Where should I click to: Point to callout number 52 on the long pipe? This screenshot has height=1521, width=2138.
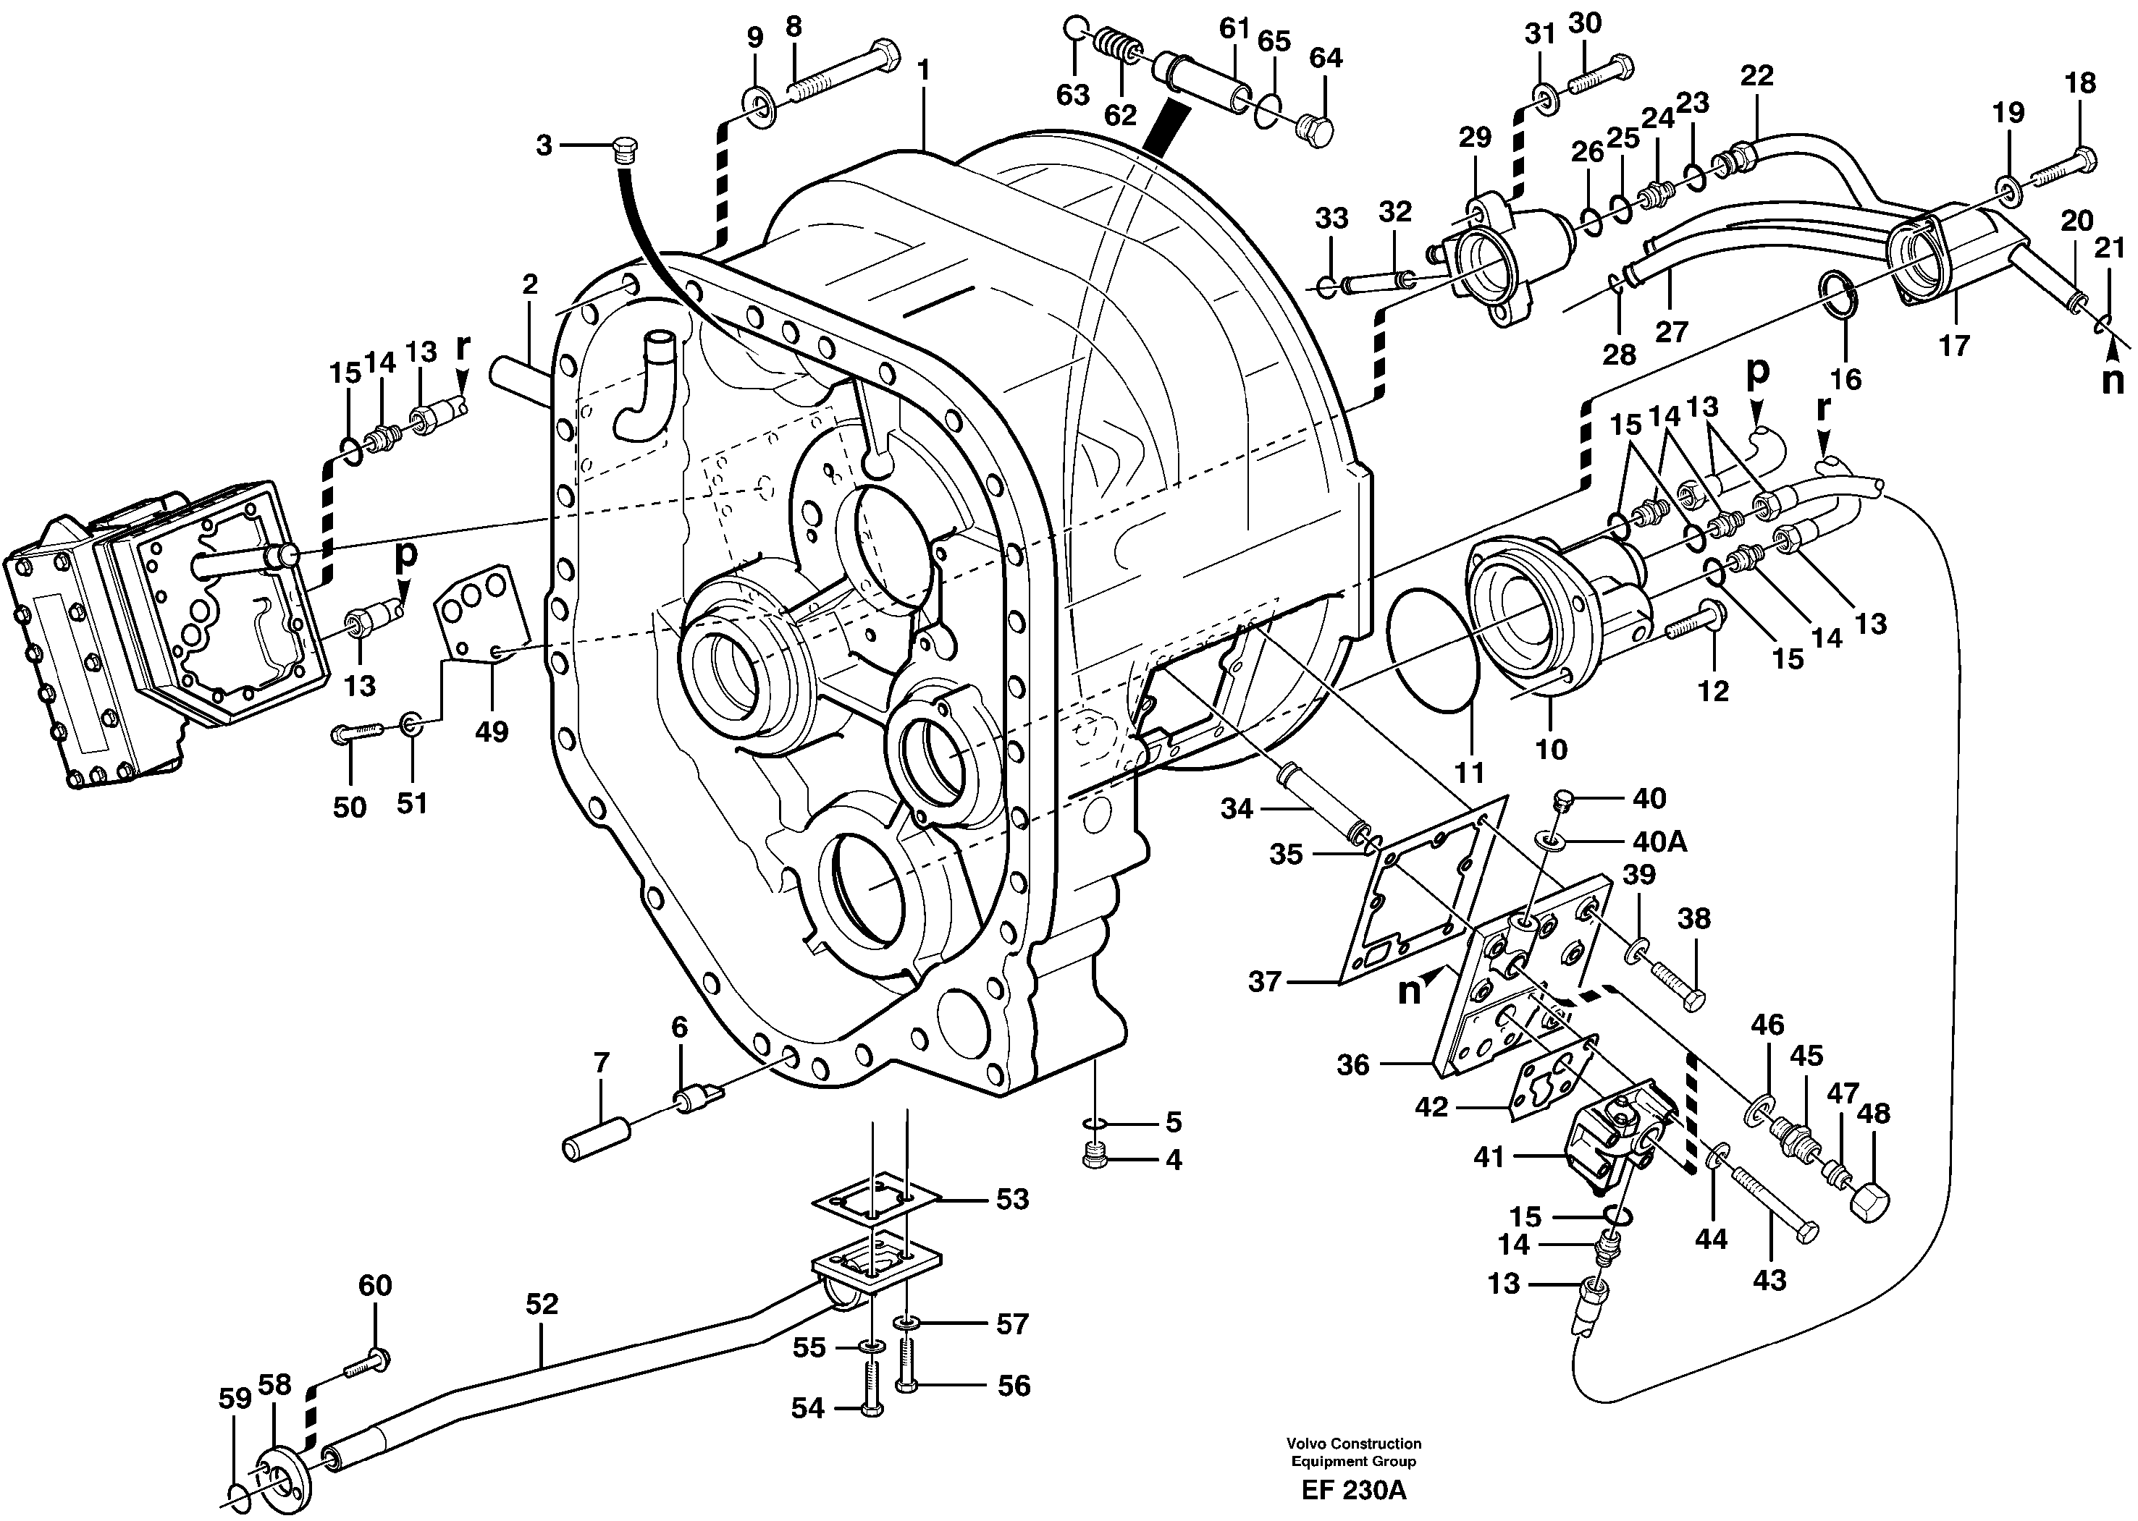coord(542,1304)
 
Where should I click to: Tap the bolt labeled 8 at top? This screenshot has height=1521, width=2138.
coord(843,70)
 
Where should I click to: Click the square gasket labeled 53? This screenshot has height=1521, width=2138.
coord(875,1203)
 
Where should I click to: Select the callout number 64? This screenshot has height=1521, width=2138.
coord(1326,58)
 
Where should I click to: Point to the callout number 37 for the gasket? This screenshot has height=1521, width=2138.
coord(1265,983)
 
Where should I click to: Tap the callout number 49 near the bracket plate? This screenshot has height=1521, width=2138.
coord(491,731)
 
